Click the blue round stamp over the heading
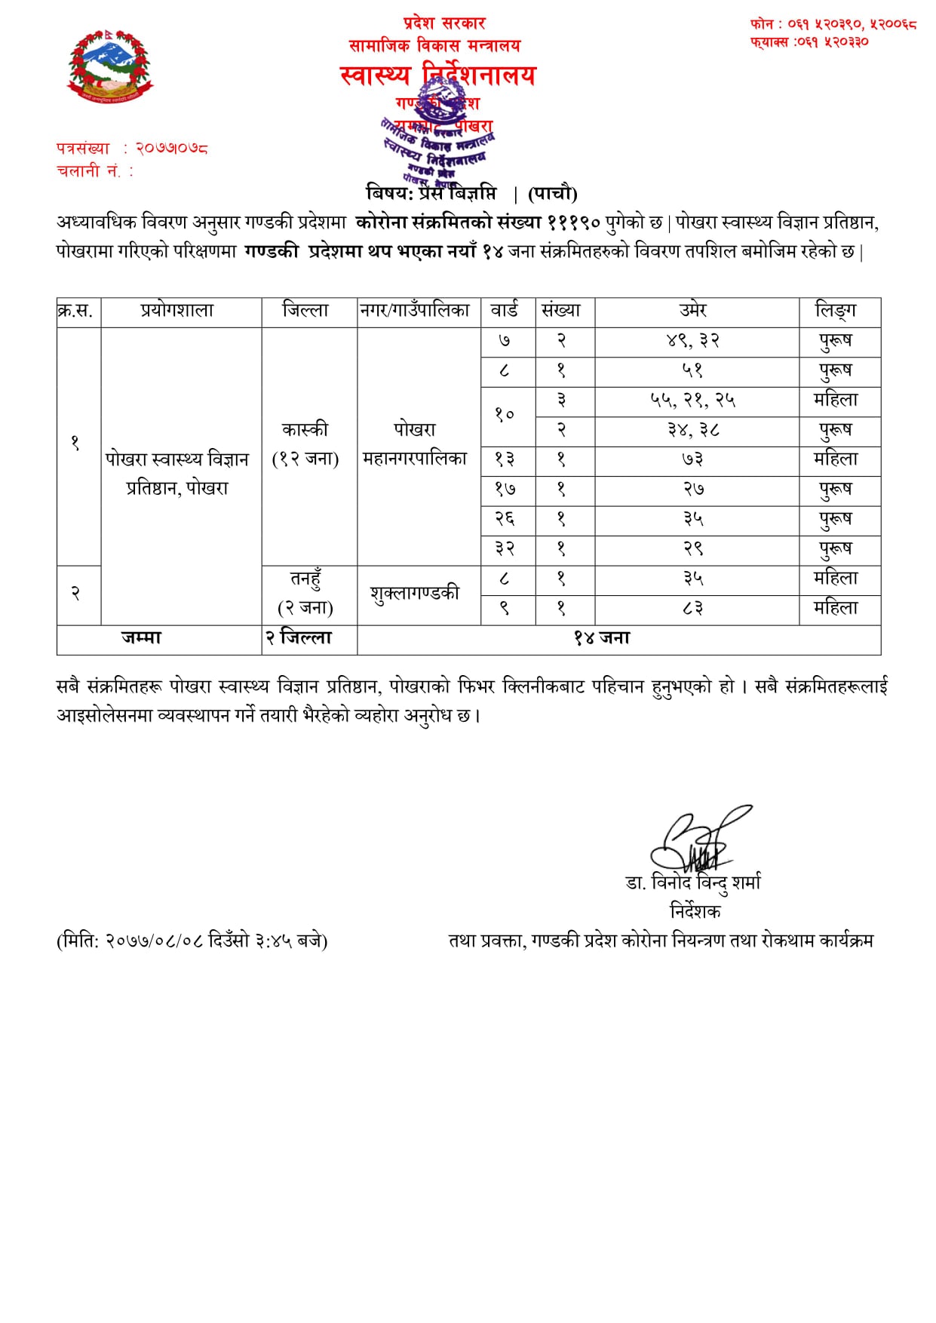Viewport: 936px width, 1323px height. (x=437, y=140)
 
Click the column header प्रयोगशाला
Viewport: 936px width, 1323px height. (x=177, y=311)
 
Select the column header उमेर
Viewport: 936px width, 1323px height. (x=693, y=311)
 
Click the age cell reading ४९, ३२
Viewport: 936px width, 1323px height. (x=693, y=341)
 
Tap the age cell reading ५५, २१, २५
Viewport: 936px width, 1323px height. (x=693, y=401)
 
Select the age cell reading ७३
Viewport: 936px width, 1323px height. (x=693, y=459)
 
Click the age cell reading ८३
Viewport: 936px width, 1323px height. (x=693, y=609)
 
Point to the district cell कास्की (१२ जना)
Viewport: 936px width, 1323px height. (x=305, y=444)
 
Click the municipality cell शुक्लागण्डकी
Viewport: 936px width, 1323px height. (x=415, y=594)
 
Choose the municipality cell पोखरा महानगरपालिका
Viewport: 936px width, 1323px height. (x=415, y=444)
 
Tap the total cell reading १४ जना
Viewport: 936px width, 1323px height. (x=601, y=638)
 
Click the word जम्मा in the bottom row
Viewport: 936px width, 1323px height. (x=142, y=638)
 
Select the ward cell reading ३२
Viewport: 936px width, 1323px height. (x=505, y=549)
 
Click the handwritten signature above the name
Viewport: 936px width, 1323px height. (x=697, y=841)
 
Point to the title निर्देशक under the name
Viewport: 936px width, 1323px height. (x=695, y=911)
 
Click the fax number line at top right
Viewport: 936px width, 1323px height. (x=809, y=42)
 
